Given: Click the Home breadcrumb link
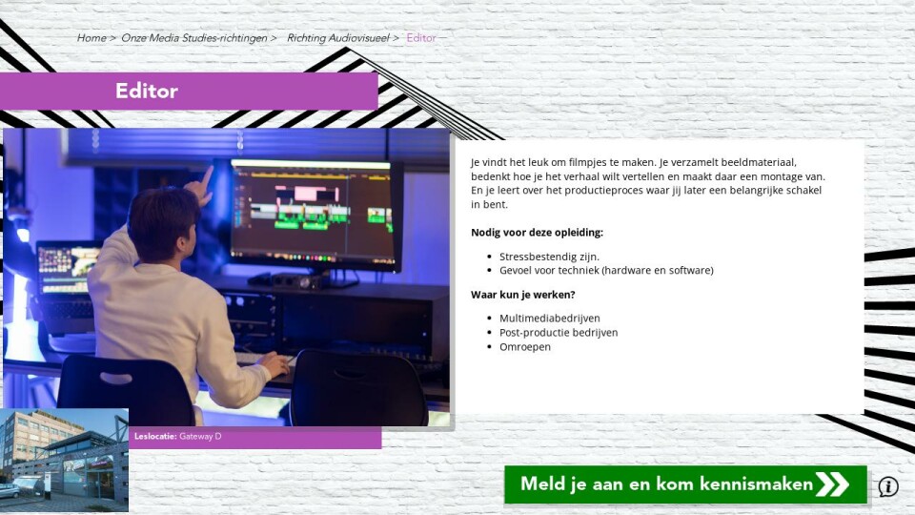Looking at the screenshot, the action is click(x=91, y=38).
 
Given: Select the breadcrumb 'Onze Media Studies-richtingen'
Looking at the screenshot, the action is click(x=194, y=38).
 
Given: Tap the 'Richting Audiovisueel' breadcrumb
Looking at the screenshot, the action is click(x=337, y=38).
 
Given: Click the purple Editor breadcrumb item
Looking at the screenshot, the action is click(x=421, y=38).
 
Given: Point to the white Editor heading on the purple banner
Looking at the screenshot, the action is click(x=147, y=91).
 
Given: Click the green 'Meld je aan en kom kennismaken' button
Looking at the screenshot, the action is click(x=685, y=484).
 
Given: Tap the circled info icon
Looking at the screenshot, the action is click(x=888, y=485).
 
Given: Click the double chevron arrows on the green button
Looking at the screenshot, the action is click(x=832, y=484).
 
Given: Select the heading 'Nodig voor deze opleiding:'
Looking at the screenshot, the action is click(x=537, y=233).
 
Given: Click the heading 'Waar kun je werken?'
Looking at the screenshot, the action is click(x=523, y=295).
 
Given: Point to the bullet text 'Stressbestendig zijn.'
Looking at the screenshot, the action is click(x=549, y=257).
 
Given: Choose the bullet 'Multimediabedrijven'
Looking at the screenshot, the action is click(x=550, y=319).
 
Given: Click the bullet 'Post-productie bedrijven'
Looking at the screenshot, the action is click(x=559, y=332).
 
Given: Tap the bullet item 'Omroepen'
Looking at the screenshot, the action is click(x=525, y=347).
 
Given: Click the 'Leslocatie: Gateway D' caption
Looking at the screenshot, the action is click(x=178, y=436).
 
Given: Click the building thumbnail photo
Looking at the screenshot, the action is click(x=64, y=460).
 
